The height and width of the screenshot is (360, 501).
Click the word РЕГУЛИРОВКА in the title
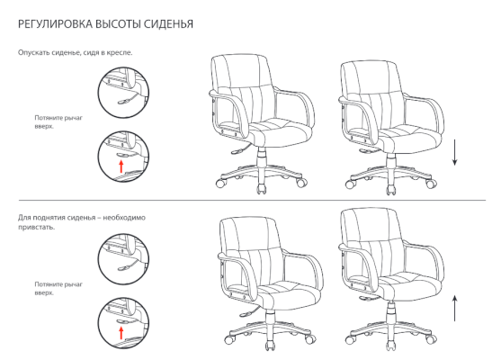[55, 24]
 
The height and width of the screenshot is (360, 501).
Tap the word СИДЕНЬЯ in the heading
[168, 24]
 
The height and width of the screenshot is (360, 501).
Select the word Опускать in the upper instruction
[33, 52]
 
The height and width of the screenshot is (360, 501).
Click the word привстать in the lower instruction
[36, 228]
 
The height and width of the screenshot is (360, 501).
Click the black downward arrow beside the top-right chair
[454, 152]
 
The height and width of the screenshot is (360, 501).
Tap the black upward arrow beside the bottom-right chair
[454, 308]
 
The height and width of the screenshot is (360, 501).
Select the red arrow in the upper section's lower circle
[121, 166]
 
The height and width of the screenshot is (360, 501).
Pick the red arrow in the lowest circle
[121, 333]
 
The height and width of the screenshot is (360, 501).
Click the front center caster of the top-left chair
[262, 189]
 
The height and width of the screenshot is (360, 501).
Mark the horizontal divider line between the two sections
[252, 201]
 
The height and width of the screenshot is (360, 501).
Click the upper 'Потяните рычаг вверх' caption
[58, 121]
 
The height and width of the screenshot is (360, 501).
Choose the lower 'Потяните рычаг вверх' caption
[58, 288]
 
